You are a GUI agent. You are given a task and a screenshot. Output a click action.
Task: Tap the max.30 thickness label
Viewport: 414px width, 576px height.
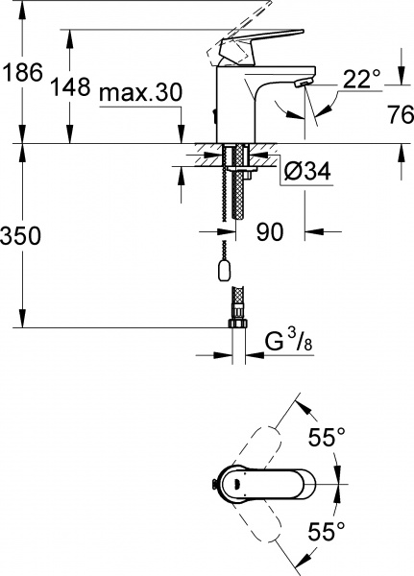click(141, 94)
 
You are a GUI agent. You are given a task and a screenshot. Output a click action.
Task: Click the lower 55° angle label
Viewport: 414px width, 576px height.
click(327, 529)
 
